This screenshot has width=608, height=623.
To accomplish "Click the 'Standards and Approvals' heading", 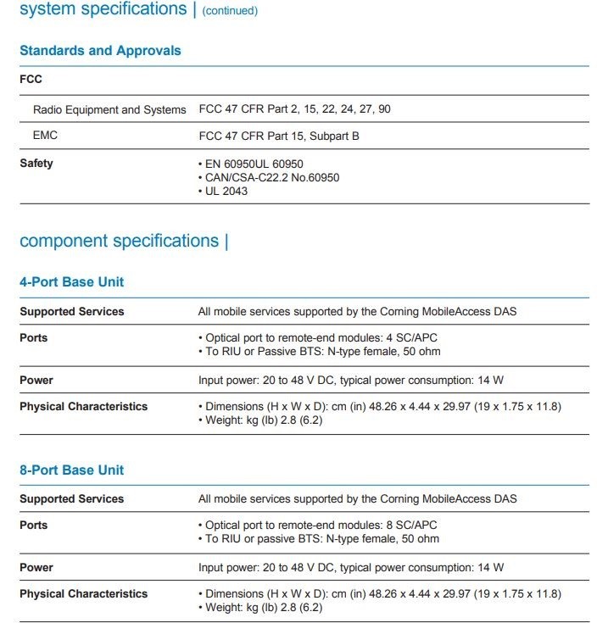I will point(100,51).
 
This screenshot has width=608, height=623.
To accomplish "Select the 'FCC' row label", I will point(31,80).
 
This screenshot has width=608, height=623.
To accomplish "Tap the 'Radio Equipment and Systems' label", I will point(109,109).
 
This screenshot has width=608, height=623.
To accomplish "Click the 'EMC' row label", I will point(45,135).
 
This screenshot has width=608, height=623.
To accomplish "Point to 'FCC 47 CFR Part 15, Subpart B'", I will point(279,136).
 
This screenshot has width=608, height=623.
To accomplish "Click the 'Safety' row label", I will point(36,163).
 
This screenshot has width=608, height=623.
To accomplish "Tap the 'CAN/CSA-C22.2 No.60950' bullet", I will point(271,178).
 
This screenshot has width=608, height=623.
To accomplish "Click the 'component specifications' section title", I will point(119,241).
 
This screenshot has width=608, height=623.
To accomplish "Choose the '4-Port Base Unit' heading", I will point(72,282).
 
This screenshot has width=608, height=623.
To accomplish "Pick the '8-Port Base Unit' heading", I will point(72,470).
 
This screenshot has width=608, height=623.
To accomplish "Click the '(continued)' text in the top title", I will point(230,11).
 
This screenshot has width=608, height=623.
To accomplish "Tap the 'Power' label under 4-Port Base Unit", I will point(36,381).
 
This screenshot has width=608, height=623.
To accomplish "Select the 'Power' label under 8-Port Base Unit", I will point(36,568).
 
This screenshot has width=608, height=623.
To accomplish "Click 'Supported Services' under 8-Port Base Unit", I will point(72,499).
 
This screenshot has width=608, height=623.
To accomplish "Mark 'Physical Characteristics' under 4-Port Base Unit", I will point(83,407).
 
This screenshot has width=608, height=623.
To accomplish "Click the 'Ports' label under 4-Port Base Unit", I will point(34,338).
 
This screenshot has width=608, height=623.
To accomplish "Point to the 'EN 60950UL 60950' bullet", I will point(254,164).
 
